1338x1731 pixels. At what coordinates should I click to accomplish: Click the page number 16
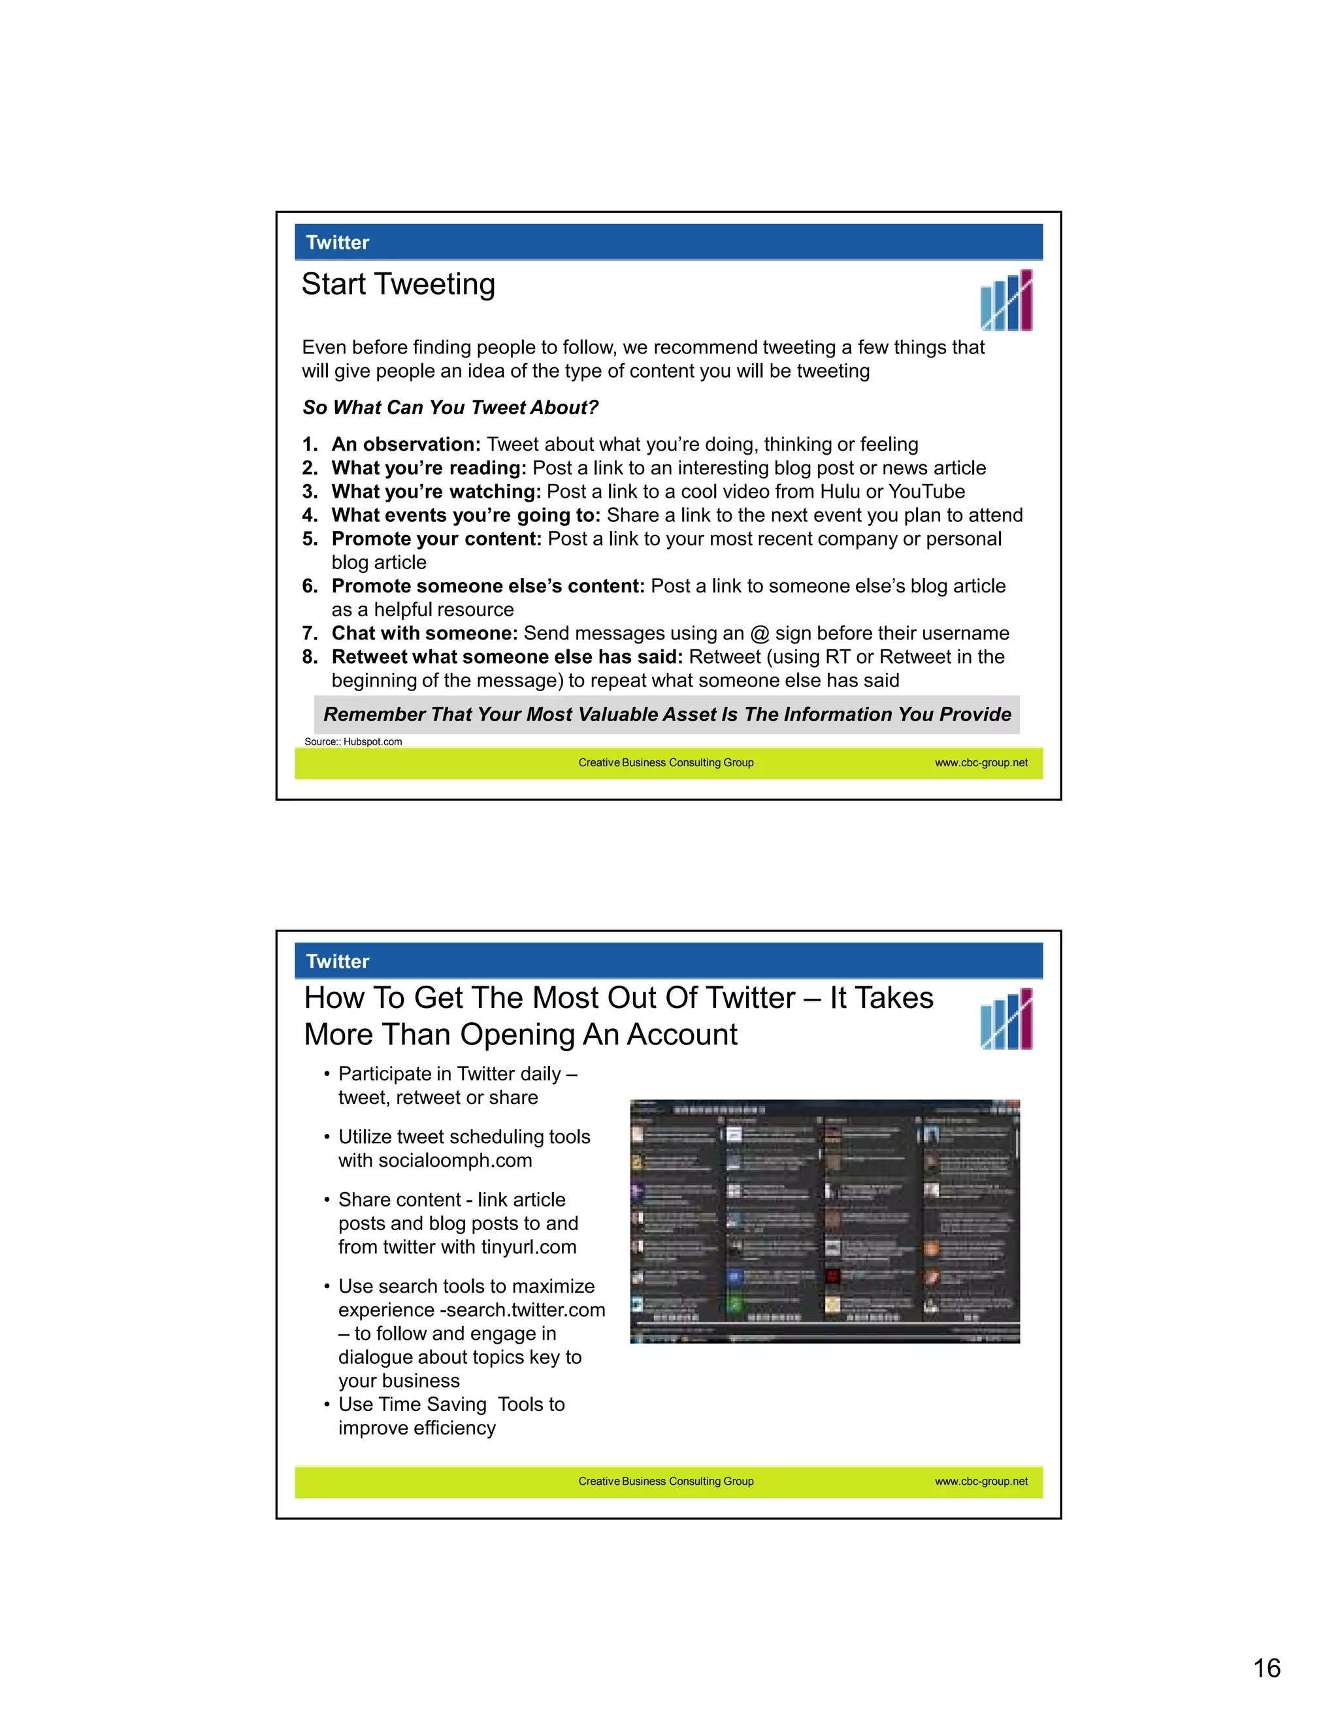click(1266, 1668)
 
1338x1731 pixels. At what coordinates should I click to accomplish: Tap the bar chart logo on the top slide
click(1006, 300)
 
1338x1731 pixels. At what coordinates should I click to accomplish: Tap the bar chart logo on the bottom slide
click(1006, 1018)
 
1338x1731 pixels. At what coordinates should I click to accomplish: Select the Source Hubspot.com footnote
click(353, 742)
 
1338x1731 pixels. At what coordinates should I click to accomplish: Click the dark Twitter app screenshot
click(824, 1221)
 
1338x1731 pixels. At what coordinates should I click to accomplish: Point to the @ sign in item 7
click(759, 633)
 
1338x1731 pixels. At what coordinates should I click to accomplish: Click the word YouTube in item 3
click(926, 491)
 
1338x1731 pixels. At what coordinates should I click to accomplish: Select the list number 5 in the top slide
click(309, 539)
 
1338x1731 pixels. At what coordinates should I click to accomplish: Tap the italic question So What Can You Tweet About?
click(449, 408)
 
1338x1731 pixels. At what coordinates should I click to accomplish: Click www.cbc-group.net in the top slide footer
click(981, 762)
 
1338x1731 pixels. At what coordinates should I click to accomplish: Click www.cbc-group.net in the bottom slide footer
click(981, 1481)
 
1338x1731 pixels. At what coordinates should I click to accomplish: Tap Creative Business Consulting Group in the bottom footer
click(665, 1481)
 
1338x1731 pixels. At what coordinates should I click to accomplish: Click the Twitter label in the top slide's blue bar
click(337, 242)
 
